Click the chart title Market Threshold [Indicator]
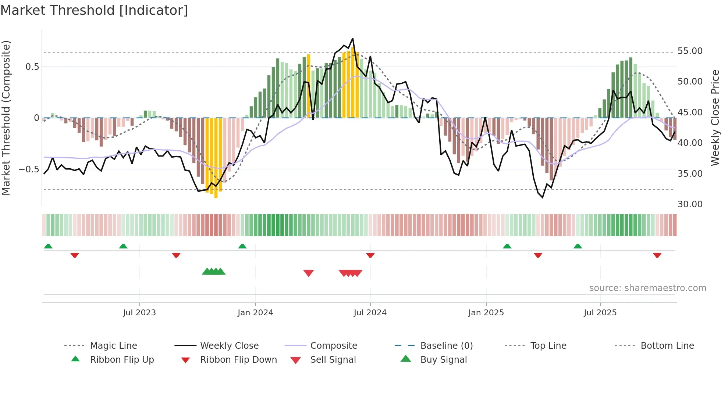click(94, 10)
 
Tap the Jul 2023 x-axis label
click(139, 313)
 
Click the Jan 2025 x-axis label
click(486, 313)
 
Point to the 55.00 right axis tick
click(690, 51)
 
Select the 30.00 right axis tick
click(690, 204)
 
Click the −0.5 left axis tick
click(29, 169)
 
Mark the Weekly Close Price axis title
click(715, 118)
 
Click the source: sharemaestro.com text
click(647, 288)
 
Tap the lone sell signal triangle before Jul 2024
click(308, 273)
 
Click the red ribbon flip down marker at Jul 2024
click(370, 255)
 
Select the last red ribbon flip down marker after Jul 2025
click(657, 255)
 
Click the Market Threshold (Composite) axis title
click(6, 118)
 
